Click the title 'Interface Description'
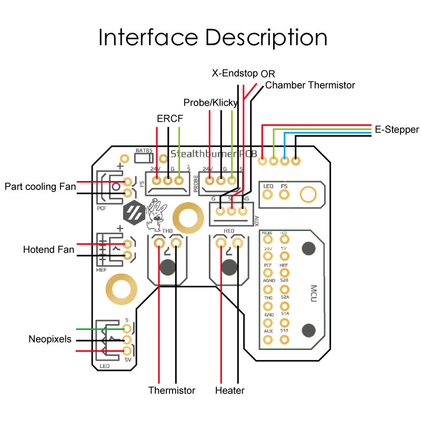[x=213, y=37]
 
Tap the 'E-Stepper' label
[x=397, y=129]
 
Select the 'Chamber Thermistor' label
[x=310, y=85]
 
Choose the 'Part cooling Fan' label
[x=41, y=186]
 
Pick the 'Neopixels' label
[x=50, y=339]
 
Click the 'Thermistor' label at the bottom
[x=172, y=390]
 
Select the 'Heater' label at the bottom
[x=230, y=390]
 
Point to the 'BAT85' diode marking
[x=144, y=151]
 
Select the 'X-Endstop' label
[x=235, y=73]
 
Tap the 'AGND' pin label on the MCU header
[x=268, y=280]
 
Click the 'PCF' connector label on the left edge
[x=102, y=208]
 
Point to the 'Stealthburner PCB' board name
[x=214, y=154]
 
